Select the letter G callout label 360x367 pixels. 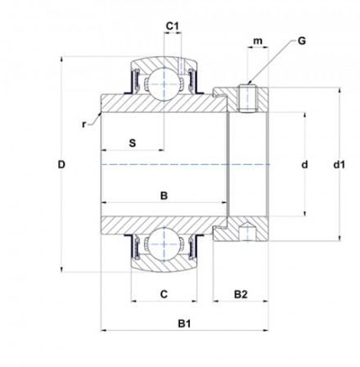coord(302,39)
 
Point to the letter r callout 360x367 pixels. coord(83,123)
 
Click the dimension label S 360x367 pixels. coord(132,143)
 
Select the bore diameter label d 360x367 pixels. coord(304,165)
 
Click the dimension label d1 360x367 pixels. coord(338,165)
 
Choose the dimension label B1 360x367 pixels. coord(185,321)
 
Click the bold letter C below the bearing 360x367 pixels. coord(164,292)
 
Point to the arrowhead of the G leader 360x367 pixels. coord(252,84)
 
